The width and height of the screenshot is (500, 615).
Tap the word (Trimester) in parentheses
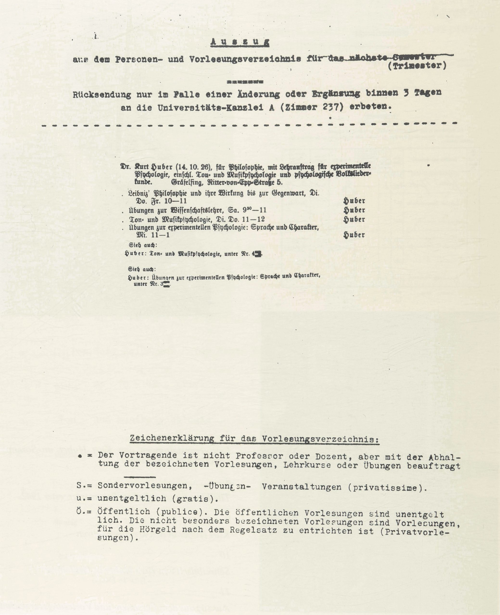coord(417,66)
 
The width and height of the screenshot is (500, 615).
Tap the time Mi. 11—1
coord(153,235)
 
